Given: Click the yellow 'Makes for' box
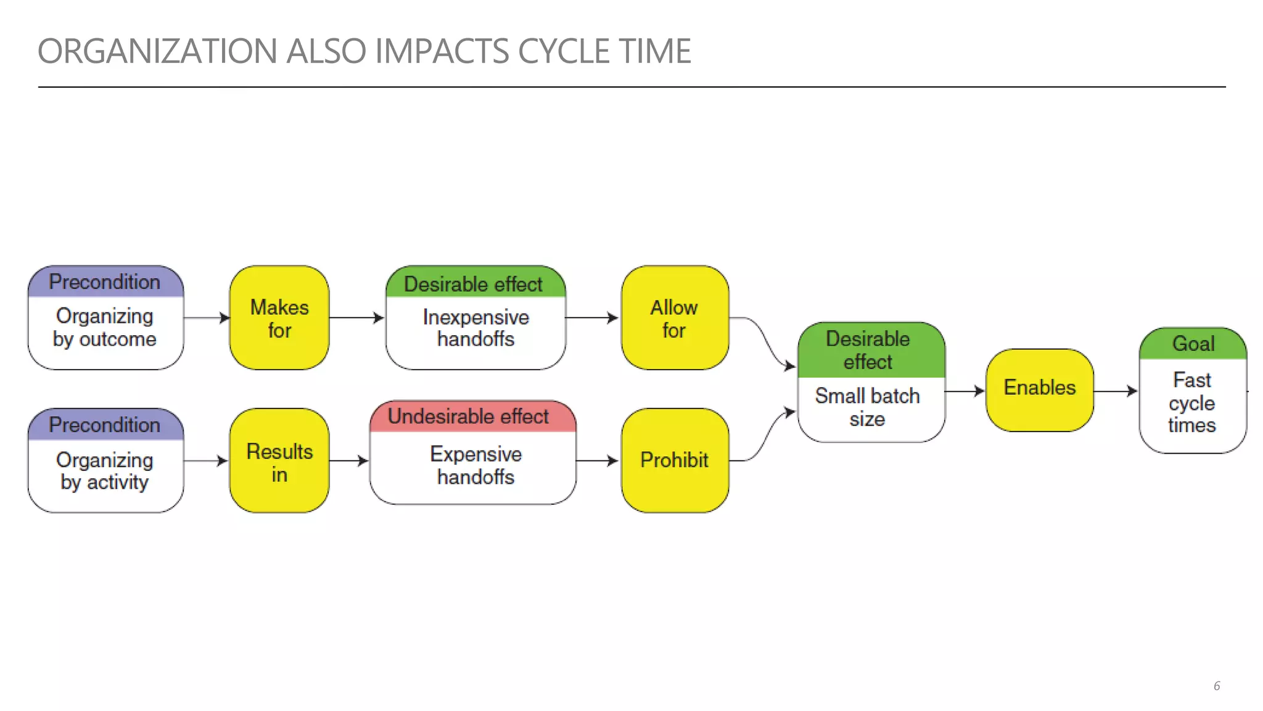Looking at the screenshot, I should pyautogui.click(x=279, y=318).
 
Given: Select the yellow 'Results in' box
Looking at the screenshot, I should pyautogui.click(x=279, y=461).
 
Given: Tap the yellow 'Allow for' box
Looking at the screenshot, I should pyautogui.click(x=675, y=318).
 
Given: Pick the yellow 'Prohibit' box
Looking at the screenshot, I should pyautogui.click(x=675, y=460).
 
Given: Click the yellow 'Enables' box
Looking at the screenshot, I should pyautogui.click(x=1039, y=389).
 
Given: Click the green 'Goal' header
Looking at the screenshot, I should pyautogui.click(x=1193, y=344).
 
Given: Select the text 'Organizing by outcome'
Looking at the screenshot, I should pyautogui.click(x=105, y=328).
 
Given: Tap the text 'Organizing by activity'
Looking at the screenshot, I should pyautogui.click(x=105, y=471).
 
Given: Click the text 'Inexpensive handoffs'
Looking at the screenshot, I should pyautogui.click(x=475, y=328).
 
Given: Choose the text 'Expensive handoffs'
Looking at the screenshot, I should pyautogui.click(x=475, y=465).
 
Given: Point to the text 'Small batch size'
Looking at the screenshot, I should pyautogui.click(x=867, y=407).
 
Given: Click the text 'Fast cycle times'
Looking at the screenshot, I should pyautogui.click(x=1192, y=402).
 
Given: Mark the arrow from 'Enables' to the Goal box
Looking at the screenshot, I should pyautogui.click(x=1115, y=391).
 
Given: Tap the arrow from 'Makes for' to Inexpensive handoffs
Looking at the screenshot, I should pyautogui.click(x=356, y=318).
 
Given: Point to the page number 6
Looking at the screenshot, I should pyautogui.click(x=1216, y=686).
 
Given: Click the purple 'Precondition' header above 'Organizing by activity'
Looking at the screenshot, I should pyautogui.click(x=105, y=425).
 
